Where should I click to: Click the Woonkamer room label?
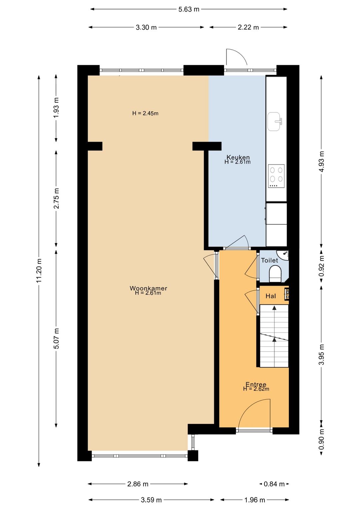(x=148, y=288)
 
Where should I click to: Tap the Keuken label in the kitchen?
(x=238, y=157)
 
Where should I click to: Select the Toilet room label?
(x=269, y=261)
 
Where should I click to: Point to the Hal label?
(x=271, y=296)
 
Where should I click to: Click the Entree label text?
(x=256, y=385)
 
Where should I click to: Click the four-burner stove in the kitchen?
(x=276, y=176)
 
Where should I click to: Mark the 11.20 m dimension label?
(x=39, y=271)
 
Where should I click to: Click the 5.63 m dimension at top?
(x=189, y=9)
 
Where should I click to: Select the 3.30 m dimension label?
(x=146, y=27)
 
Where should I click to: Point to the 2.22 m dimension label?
(x=248, y=27)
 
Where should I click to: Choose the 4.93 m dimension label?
(x=321, y=161)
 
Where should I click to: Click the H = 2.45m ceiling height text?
(x=145, y=113)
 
